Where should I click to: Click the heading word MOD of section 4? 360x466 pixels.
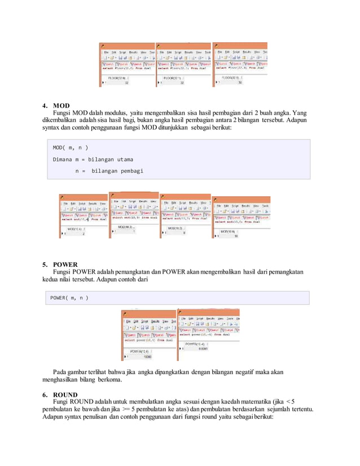[x=61, y=105]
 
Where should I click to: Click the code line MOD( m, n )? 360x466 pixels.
[x=71, y=148]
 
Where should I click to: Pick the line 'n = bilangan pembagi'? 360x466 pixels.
[x=109, y=170]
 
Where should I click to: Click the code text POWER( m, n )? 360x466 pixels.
[x=69, y=297]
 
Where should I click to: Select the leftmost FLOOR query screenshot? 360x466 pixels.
[x=126, y=65]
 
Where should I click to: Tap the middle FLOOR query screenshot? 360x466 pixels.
[x=183, y=65]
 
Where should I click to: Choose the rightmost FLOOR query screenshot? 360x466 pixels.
[x=239, y=64]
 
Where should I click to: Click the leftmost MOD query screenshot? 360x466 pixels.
[x=84, y=217]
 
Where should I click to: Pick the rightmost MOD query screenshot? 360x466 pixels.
[x=241, y=217]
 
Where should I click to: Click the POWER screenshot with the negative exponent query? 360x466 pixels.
[x=208, y=333]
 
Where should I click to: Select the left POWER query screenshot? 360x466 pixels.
[x=149, y=335]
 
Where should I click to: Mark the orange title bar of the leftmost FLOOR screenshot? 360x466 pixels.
[x=126, y=45]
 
